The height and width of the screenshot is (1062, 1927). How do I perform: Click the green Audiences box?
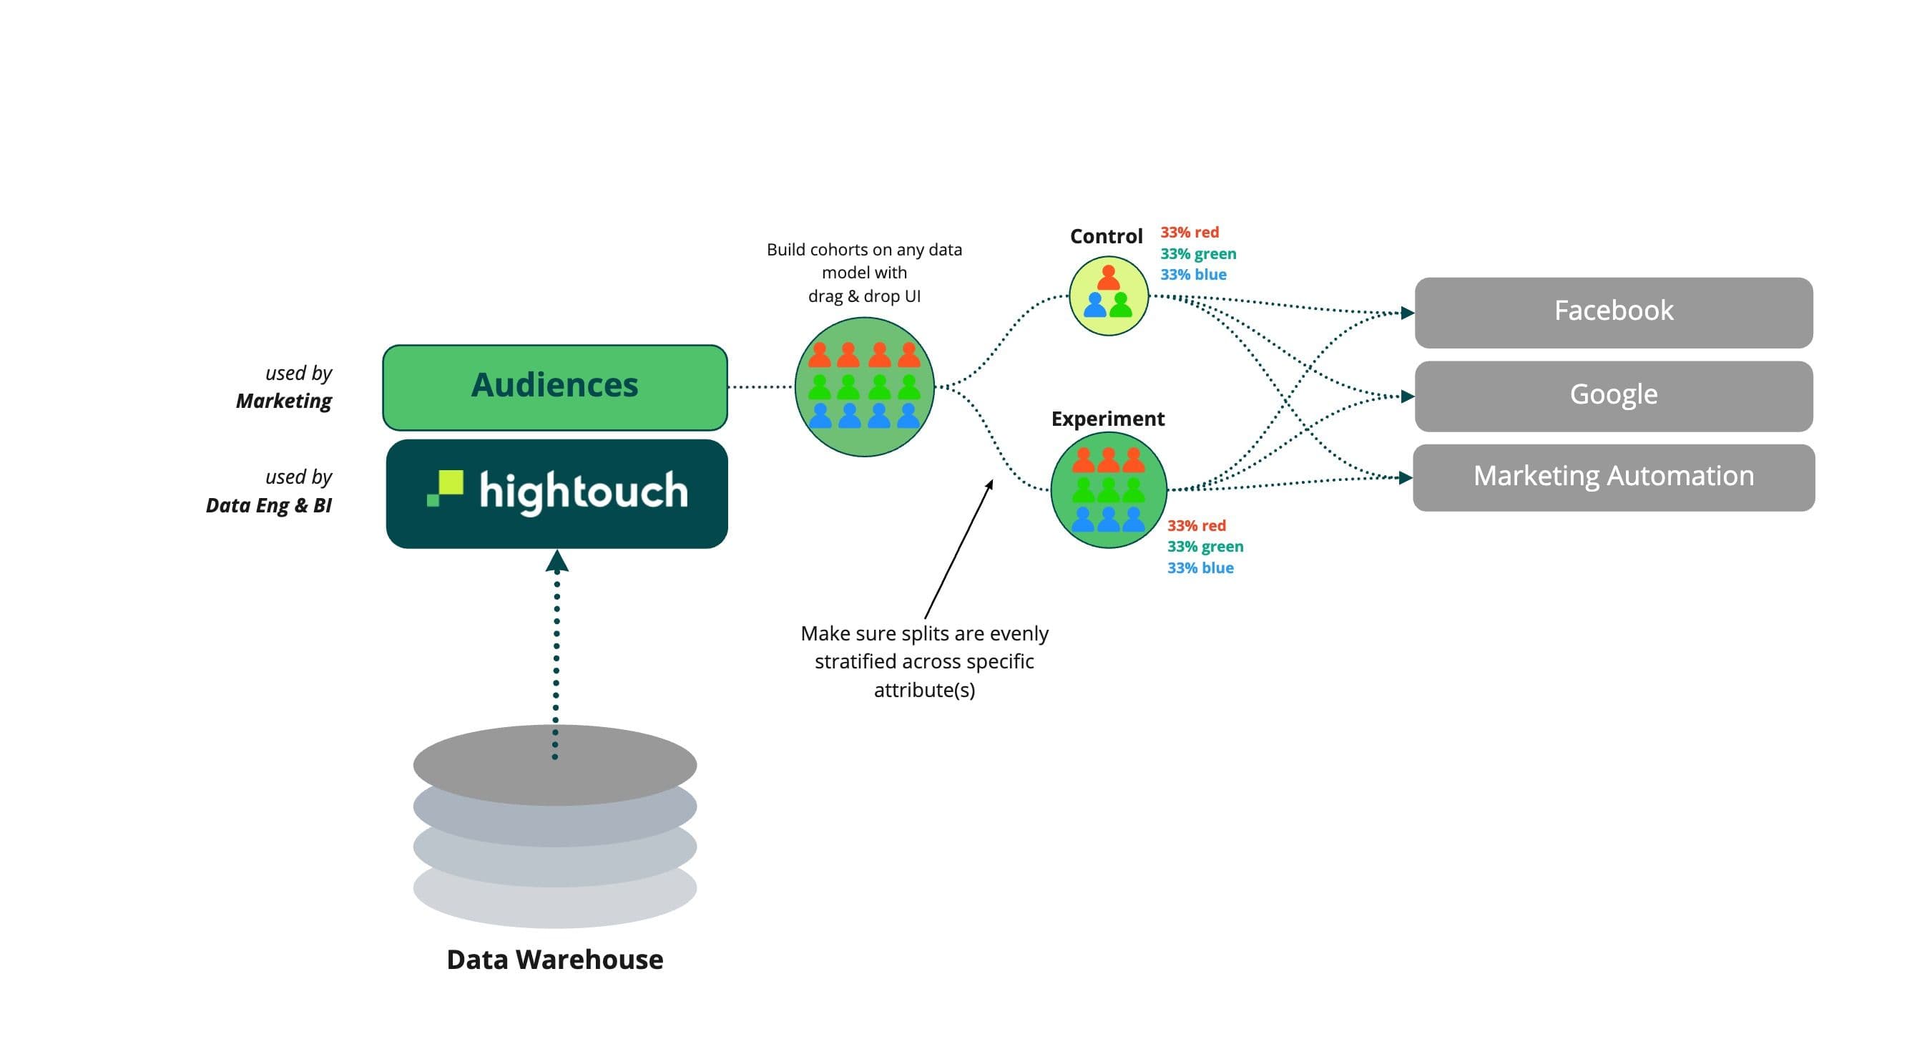click(554, 387)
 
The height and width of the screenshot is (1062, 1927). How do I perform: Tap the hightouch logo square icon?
click(446, 488)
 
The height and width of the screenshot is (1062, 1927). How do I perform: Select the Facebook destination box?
click(1613, 312)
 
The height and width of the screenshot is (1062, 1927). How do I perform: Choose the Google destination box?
click(1613, 395)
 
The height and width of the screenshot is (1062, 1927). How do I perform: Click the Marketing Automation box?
click(1613, 477)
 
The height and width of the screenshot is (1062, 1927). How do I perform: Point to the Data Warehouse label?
click(554, 959)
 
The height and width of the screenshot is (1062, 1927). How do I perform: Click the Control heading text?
click(1106, 236)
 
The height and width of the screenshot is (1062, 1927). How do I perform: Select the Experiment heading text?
click(1107, 419)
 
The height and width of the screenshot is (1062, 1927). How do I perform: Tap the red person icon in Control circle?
click(1108, 278)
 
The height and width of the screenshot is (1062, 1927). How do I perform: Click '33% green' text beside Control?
click(1197, 254)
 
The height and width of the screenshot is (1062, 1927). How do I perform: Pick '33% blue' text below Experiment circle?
click(1200, 567)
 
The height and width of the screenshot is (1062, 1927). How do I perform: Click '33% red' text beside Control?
click(1189, 232)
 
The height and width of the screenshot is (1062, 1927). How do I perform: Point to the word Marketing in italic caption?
click(283, 401)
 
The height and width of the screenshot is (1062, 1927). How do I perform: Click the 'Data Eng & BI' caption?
click(268, 505)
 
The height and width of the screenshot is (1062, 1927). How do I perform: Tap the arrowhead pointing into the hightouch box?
click(556, 561)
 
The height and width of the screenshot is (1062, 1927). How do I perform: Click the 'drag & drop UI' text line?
click(864, 296)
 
